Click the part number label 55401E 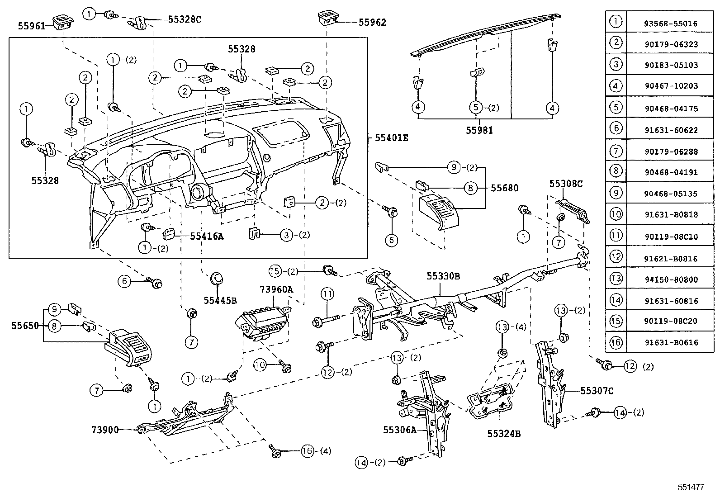click(391, 138)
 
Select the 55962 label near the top click(372, 22)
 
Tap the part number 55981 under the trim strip click(479, 130)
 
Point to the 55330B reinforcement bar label click(443, 276)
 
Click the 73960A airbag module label click(276, 289)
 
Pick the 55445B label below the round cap click(220, 300)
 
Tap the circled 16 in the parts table click(616, 342)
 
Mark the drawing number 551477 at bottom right click(691, 487)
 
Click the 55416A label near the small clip click(207, 236)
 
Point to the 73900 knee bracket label click(105, 430)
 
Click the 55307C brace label click(597, 391)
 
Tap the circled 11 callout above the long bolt click(327, 294)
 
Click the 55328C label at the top click(185, 19)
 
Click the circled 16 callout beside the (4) click(307, 451)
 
